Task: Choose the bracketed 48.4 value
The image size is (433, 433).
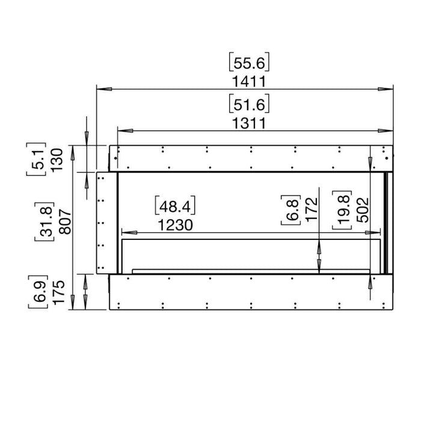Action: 176,206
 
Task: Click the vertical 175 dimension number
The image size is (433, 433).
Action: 57,292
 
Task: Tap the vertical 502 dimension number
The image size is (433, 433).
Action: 362,210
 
